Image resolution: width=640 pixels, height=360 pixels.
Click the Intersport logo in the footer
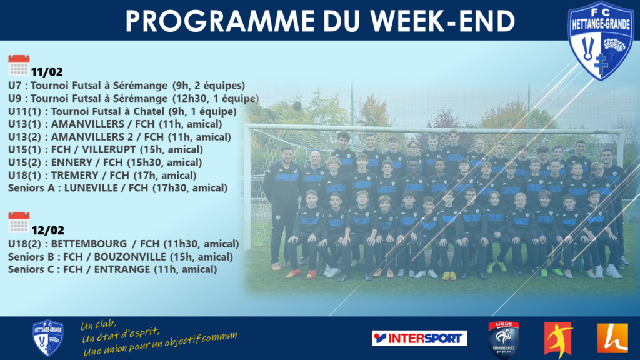point(419,338)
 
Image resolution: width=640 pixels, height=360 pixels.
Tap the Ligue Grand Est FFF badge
point(504,339)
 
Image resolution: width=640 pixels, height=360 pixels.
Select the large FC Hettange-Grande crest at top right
point(601,41)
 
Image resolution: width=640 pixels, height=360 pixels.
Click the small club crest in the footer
point(47,338)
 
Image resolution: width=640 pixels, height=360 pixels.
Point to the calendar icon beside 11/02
point(19,65)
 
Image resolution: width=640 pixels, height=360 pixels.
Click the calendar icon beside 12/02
point(19,222)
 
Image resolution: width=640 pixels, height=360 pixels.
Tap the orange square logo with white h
point(612,338)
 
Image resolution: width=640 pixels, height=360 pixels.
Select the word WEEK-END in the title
point(443,21)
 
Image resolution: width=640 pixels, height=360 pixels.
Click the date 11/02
point(47,72)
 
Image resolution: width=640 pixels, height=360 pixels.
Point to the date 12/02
point(47,231)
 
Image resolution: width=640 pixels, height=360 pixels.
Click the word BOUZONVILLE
point(130,257)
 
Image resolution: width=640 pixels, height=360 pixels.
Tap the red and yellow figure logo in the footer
point(558,338)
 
